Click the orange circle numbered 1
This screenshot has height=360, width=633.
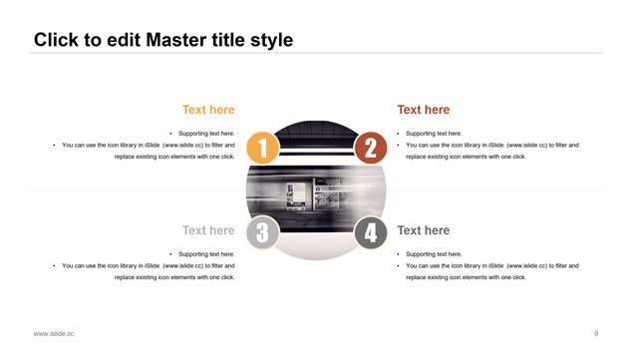[x=263, y=148]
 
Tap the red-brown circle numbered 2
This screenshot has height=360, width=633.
[x=370, y=148]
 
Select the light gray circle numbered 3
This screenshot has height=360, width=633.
[x=263, y=232]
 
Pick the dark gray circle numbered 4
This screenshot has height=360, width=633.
[x=370, y=232]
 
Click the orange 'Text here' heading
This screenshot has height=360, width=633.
[x=208, y=110]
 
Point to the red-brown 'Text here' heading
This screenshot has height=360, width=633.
[x=423, y=110]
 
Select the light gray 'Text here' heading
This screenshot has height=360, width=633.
[x=208, y=230]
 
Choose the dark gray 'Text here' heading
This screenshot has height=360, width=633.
[x=423, y=230]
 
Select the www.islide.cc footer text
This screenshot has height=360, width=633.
[x=54, y=334]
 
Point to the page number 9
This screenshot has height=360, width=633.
[x=596, y=333]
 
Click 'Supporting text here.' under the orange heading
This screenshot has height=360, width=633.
[x=206, y=134]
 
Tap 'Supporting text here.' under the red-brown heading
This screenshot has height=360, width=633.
[x=434, y=134]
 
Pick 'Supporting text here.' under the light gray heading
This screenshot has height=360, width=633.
[x=206, y=254]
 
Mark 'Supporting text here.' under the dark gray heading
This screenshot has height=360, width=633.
[x=434, y=254]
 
